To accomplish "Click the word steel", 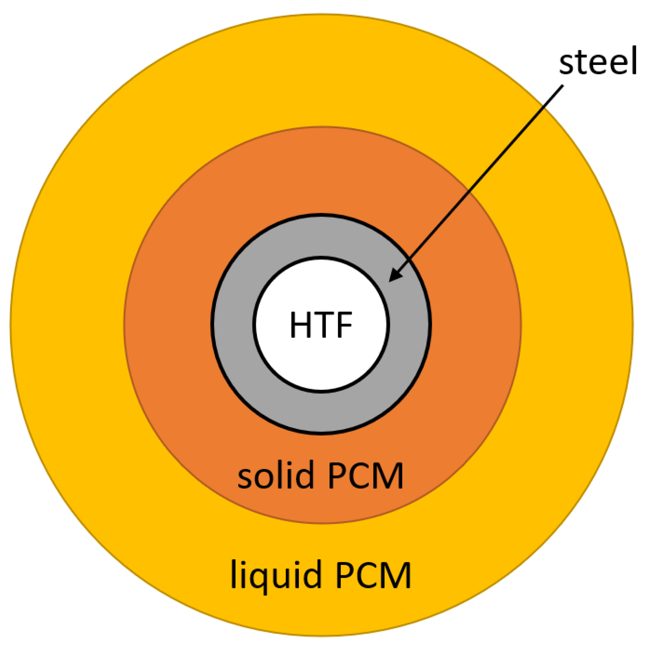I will pyautogui.click(x=598, y=61).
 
